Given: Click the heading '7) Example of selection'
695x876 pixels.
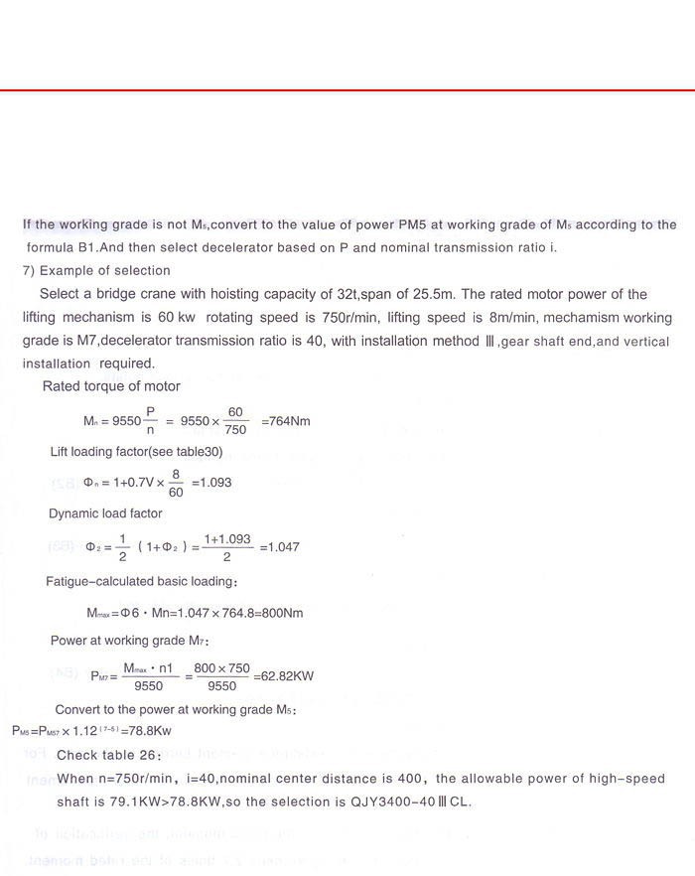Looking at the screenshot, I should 96,270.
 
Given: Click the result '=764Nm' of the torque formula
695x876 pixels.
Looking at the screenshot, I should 286,421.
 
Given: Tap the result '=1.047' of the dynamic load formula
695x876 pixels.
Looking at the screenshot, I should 279,547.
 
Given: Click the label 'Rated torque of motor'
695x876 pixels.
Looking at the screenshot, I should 111,386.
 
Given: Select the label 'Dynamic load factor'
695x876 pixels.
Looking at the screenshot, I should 105,513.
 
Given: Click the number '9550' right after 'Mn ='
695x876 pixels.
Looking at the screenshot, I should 126,421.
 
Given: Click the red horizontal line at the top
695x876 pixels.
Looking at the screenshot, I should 347,90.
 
